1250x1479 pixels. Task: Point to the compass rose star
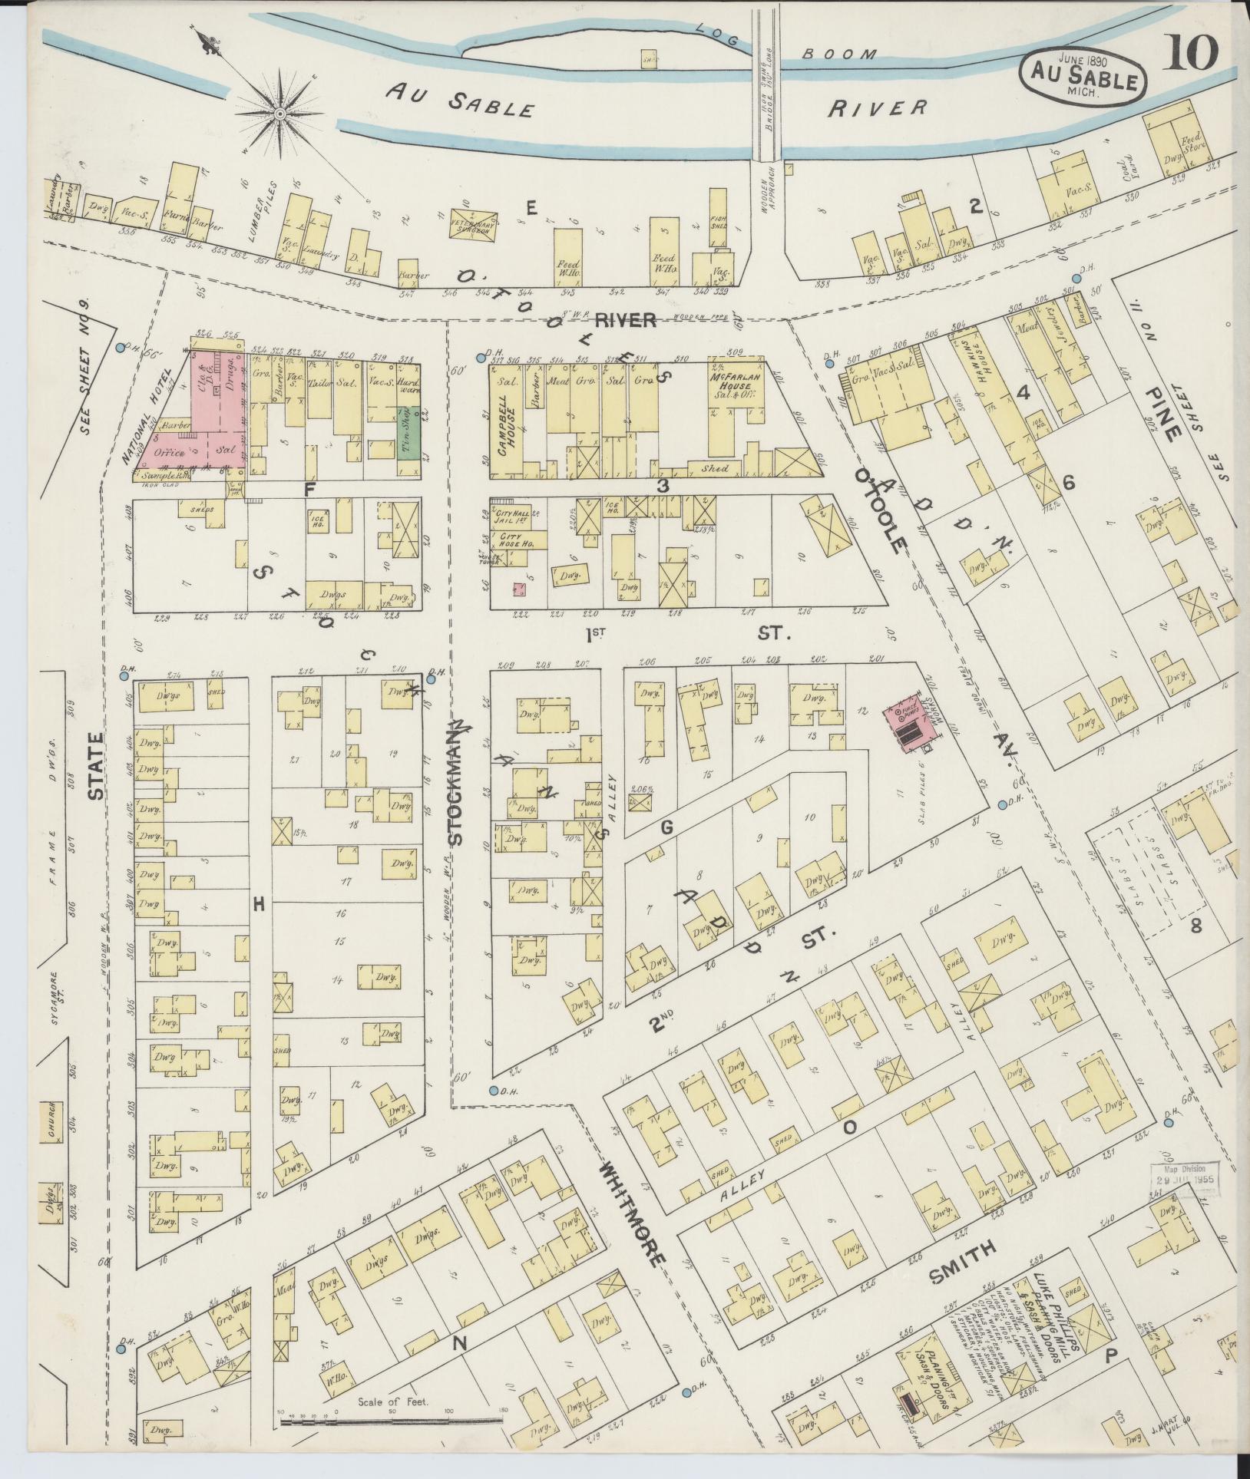pyautogui.click(x=280, y=114)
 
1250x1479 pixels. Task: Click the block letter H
pyautogui.click(x=260, y=905)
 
